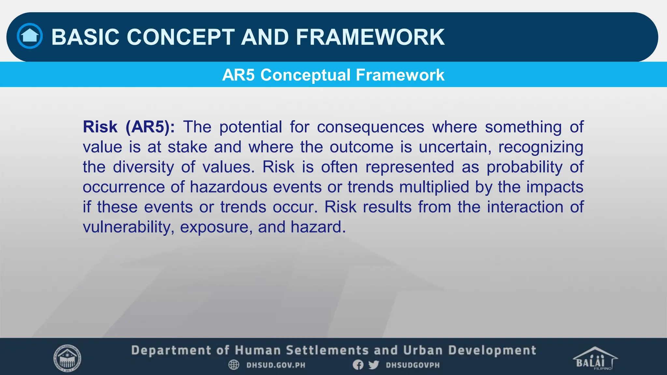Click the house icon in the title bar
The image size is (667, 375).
[30, 36]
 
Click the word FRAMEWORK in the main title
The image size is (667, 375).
[370, 37]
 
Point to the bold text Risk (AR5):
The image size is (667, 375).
[129, 127]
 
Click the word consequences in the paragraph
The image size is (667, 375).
[370, 127]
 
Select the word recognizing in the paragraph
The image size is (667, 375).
[541, 147]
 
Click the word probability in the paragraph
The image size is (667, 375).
[524, 167]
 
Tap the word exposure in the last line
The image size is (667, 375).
[216, 228]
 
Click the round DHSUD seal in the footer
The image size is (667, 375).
[67, 358]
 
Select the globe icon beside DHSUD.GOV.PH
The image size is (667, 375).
[234, 365]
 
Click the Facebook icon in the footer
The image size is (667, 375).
[358, 365]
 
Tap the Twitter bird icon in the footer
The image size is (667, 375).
[374, 365]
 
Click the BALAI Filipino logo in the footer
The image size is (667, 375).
[595, 358]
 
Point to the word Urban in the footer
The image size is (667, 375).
[423, 350]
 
